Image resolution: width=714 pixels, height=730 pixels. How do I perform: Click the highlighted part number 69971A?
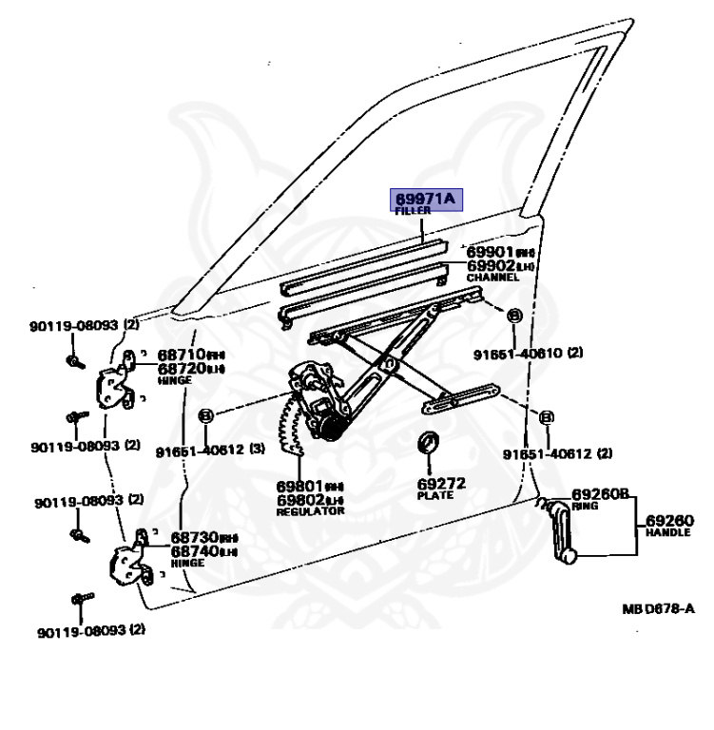426,199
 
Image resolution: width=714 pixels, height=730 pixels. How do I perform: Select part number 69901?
492,253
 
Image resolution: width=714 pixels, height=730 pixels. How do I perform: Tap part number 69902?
492,266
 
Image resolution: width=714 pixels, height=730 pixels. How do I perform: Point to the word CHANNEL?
492,278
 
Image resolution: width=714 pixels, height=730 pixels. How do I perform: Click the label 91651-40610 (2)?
529,353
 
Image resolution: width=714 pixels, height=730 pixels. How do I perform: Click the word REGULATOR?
310,511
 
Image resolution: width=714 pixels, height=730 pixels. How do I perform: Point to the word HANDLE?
669,533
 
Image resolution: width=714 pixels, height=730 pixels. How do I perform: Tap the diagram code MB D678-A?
659,609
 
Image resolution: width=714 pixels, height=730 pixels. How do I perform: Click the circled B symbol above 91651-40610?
512,316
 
